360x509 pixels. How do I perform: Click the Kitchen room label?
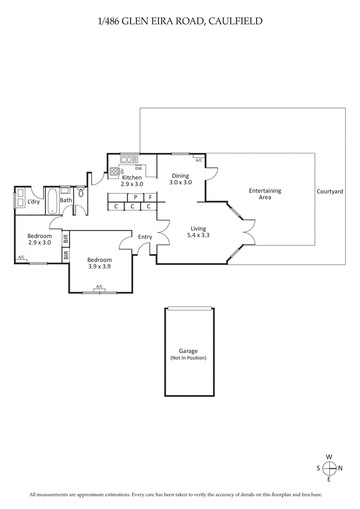coord(132,178)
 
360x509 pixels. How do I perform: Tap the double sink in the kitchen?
coord(130,159)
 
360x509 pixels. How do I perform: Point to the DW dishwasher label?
coord(139,168)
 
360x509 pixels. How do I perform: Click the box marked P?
coord(135,197)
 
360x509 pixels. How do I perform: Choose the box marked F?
coord(150,197)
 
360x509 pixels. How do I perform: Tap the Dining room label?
coord(180,176)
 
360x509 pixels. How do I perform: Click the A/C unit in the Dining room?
coord(199,160)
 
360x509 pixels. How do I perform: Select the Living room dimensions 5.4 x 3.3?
coord(198,235)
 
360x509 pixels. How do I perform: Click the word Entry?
coord(145,237)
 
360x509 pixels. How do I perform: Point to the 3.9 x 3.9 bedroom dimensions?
coord(99,266)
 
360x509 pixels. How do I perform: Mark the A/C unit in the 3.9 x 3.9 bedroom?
coord(99,287)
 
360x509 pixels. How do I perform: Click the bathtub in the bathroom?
coord(51,200)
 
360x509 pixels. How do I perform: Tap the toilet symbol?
coord(81,192)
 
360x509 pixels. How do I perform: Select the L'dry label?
coord(34,201)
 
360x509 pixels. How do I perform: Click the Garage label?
coord(188,351)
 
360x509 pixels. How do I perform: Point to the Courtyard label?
coord(329,191)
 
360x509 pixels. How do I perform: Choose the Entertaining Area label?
coord(265,194)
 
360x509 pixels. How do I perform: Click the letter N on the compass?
coord(340,468)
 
